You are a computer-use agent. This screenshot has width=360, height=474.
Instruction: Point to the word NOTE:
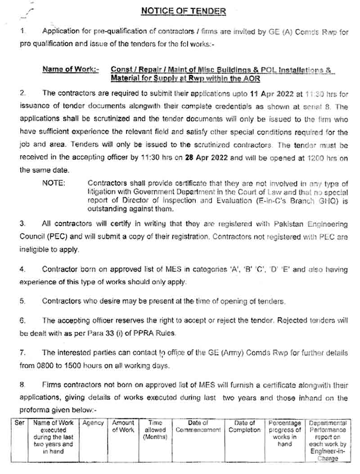pos(54,183)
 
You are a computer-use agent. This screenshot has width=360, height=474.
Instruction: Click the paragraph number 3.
pos(22,224)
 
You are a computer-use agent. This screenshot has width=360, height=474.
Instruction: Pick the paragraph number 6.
pos(22,321)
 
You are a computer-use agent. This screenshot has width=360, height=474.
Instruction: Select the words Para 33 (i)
pos(113,334)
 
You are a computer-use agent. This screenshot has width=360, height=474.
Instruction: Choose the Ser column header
pos(20,423)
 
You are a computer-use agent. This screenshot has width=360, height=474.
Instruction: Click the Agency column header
pos(93,423)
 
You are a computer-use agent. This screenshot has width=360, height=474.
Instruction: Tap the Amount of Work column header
pos(123,426)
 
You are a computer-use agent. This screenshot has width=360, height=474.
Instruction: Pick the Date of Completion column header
pos(244,426)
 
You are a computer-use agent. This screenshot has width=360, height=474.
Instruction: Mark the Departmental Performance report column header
pos(328,440)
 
